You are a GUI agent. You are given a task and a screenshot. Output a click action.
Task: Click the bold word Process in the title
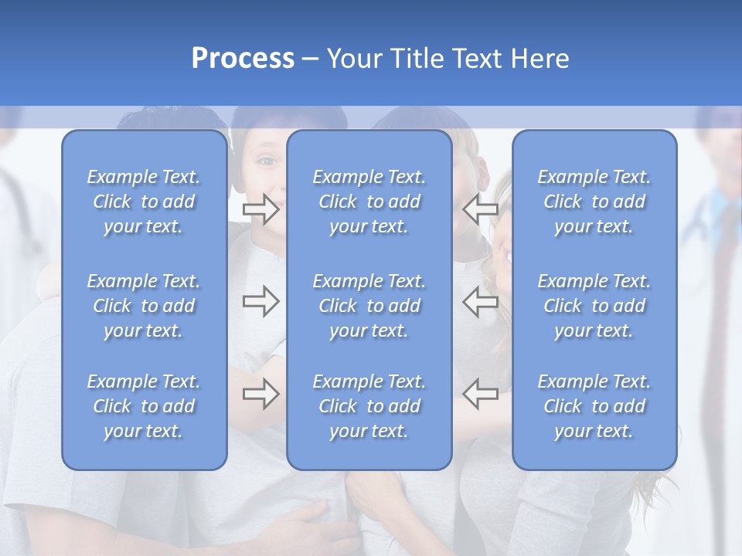(243, 58)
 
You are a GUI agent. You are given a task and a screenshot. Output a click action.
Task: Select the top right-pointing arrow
(261, 209)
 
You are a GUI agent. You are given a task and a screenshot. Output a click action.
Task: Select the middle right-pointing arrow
(261, 301)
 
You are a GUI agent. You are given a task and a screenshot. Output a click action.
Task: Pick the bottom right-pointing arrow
(261, 394)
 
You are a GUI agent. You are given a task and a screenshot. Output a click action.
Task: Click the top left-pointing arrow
(481, 209)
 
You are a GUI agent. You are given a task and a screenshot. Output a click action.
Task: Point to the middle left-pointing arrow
(481, 301)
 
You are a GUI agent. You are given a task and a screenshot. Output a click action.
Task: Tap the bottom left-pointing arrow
(481, 394)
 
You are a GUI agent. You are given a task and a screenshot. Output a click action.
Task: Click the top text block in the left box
(144, 202)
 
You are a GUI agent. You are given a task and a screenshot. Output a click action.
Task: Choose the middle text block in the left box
(144, 306)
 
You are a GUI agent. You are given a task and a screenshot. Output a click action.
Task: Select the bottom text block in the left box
(144, 406)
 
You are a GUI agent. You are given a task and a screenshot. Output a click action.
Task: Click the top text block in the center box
(369, 202)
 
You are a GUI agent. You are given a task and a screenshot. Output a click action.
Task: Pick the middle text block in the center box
(369, 306)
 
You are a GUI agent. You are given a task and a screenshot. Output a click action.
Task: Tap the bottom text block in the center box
(369, 406)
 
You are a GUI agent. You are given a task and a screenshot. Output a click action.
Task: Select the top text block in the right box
(594, 202)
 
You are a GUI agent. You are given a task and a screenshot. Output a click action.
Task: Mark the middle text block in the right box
(594, 306)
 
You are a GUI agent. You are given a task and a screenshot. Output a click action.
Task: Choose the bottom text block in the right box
(594, 406)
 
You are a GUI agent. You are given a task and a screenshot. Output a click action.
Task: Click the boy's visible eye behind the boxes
(266, 161)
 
